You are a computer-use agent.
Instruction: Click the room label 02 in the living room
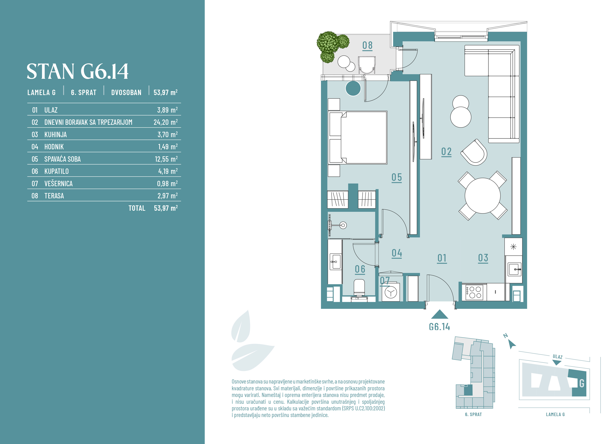(446, 152)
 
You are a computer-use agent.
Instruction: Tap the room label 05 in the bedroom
(397, 177)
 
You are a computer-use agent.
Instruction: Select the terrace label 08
(367, 45)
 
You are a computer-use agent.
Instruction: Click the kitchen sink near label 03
(515, 269)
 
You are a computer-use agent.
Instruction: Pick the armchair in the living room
(474, 152)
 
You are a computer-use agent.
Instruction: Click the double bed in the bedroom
(357, 137)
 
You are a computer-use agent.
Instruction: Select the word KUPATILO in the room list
(56, 171)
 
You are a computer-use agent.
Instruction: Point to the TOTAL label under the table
(137, 208)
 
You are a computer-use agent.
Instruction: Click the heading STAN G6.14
(77, 71)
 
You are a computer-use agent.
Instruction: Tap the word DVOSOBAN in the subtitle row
(126, 92)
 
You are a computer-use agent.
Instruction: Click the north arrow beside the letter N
(512, 344)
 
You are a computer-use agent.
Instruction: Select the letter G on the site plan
(582, 383)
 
